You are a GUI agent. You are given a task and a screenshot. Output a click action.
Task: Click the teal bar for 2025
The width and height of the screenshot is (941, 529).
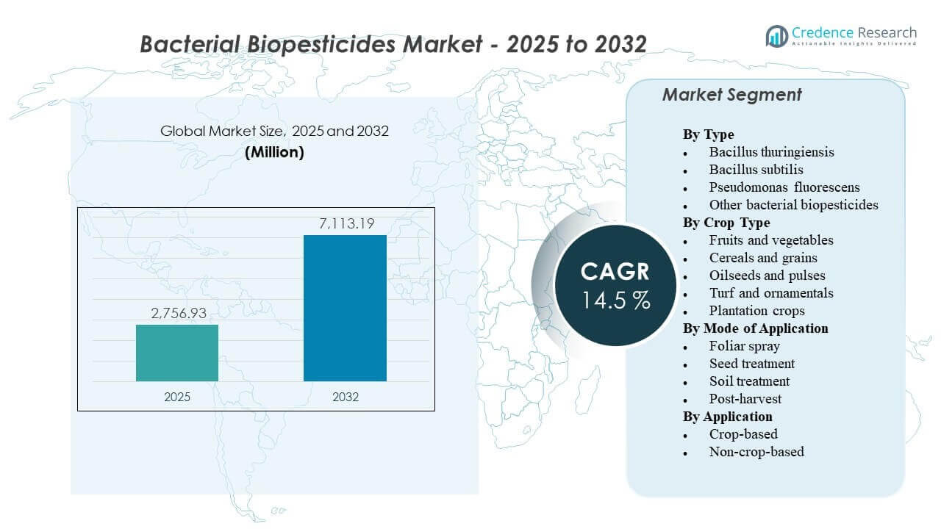(x=177, y=353)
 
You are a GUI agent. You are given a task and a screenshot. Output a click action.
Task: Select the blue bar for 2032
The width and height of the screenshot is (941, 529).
(x=345, y=308)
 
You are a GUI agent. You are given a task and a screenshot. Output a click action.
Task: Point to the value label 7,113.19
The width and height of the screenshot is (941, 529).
(x=345, y=223)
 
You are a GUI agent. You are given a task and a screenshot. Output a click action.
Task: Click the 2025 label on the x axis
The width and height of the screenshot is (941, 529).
(x=177, y=397)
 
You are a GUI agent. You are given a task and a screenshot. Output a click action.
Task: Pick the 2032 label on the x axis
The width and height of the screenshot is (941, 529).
(x=345, y=397)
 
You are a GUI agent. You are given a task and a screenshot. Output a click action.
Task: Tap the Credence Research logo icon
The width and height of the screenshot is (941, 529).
(x=776, y=35)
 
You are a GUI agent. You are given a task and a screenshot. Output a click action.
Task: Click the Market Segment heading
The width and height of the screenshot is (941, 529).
(x=731, y=95)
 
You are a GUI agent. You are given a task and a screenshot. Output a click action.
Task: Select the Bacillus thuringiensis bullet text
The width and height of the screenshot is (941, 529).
(x=771, y=152)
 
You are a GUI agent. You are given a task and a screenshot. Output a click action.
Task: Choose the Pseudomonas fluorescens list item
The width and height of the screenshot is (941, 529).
(x=784, y=187)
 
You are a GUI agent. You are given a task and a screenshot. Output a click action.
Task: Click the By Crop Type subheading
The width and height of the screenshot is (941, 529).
(x=726, y=223)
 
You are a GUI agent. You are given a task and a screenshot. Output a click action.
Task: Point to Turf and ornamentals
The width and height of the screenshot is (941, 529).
(x=771, y=293)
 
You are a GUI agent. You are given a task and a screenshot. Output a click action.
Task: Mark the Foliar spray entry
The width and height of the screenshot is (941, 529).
(x=744, y=346)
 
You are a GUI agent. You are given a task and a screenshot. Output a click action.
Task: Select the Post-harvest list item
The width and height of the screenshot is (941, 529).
(x=745, y=399)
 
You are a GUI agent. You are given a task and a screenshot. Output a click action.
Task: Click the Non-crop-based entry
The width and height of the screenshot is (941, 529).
(x=756, y=452)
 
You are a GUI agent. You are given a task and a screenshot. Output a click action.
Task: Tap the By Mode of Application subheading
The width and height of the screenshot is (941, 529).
(x=755, y=328)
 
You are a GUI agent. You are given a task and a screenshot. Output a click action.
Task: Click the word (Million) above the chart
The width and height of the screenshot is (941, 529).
(x=273, y=153)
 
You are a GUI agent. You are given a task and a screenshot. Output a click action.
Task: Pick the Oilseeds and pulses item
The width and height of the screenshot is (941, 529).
(x=767, y=276)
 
